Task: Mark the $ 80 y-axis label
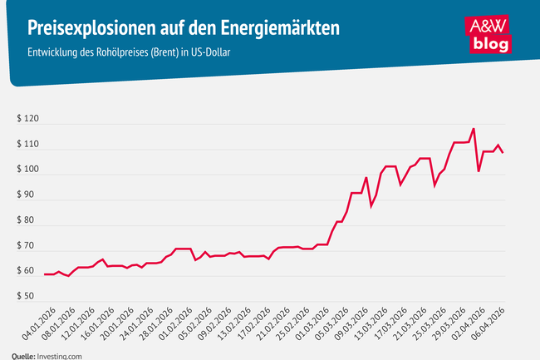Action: point(24,220)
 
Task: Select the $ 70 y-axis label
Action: point(24,246)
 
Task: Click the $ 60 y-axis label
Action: point(24,271)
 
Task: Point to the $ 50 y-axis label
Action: point(24,297)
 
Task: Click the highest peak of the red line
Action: point(474,129)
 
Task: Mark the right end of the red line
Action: point(503,152)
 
